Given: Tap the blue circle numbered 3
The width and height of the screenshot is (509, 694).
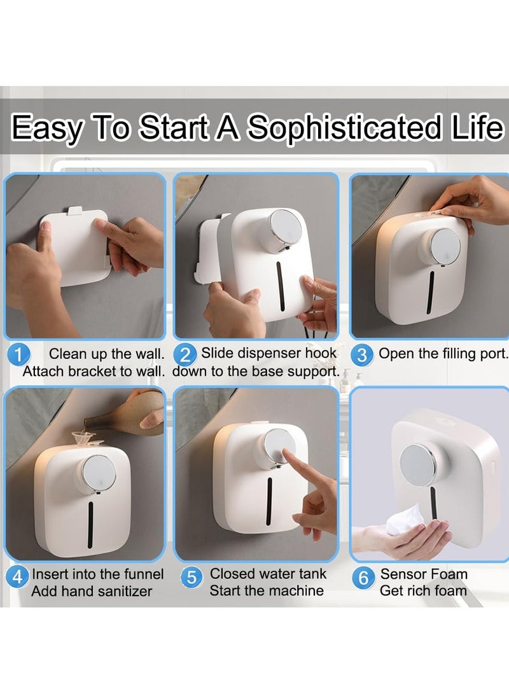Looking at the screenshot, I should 362,355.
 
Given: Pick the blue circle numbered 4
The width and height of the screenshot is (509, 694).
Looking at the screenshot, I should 17,577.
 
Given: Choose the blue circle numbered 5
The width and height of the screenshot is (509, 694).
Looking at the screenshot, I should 191,577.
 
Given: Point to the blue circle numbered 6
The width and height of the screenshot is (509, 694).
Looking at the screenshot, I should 363,577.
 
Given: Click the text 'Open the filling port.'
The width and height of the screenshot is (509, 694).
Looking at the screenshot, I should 443,354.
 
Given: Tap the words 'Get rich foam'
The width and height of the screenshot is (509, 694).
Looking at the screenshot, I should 423,591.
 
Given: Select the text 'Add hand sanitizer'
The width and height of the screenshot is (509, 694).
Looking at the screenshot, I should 92,591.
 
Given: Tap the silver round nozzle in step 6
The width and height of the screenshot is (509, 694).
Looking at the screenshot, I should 417,462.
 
